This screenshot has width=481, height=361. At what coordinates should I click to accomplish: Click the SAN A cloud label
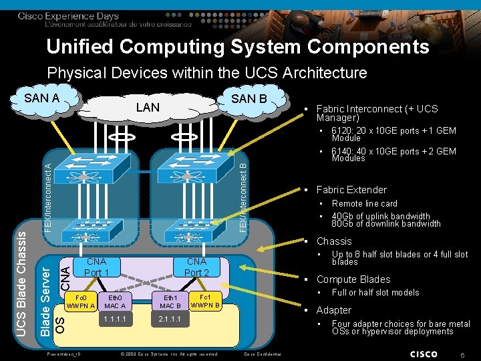41,98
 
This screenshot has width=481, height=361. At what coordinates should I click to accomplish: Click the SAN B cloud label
249,98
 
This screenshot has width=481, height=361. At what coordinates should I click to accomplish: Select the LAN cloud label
148,107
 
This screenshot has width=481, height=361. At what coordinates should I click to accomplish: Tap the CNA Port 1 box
97,267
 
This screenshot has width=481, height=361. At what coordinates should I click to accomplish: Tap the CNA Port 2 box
196,267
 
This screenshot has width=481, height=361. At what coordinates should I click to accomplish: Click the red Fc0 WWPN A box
80,301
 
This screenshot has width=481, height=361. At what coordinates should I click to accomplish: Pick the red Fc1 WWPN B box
204,301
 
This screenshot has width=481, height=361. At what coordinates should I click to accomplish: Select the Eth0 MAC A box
114,301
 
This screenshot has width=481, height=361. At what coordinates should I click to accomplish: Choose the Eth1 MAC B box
171,301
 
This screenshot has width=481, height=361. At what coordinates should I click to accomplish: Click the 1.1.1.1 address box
114,320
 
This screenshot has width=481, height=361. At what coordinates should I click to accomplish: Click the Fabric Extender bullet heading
351,190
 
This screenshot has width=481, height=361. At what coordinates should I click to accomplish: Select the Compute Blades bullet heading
353,279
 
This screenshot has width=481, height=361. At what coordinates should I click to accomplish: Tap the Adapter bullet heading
333,310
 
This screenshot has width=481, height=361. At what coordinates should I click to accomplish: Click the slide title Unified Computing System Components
238,47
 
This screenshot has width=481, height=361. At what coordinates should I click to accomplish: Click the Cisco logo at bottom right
424,353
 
